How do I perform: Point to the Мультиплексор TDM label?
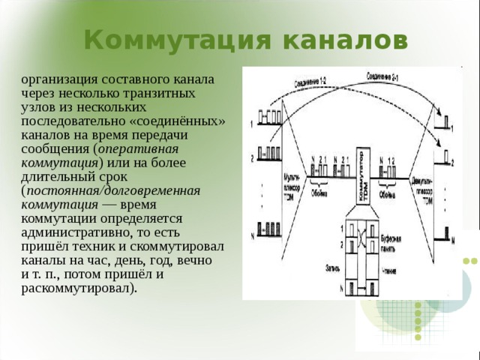click(287, 183)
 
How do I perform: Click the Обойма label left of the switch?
click(319, 191)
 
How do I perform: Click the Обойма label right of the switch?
click(388, 191)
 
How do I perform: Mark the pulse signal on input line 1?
click(269, 117)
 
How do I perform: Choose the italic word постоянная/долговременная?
click(112, 190)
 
